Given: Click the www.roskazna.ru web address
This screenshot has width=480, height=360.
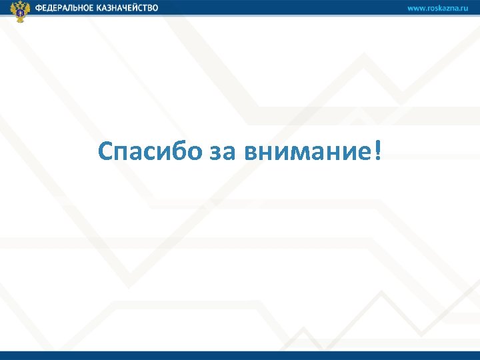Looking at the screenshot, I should pyautogui.click(x=438, y=8).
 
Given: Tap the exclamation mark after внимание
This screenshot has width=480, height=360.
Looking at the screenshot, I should pyautogui.click(x=379, y=150).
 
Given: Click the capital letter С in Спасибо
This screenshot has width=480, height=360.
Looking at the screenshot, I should pyautogui.click(x=106, y=151).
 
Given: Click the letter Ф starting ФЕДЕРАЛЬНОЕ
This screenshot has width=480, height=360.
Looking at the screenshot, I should pyautogui.click(x=39, y=8).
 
